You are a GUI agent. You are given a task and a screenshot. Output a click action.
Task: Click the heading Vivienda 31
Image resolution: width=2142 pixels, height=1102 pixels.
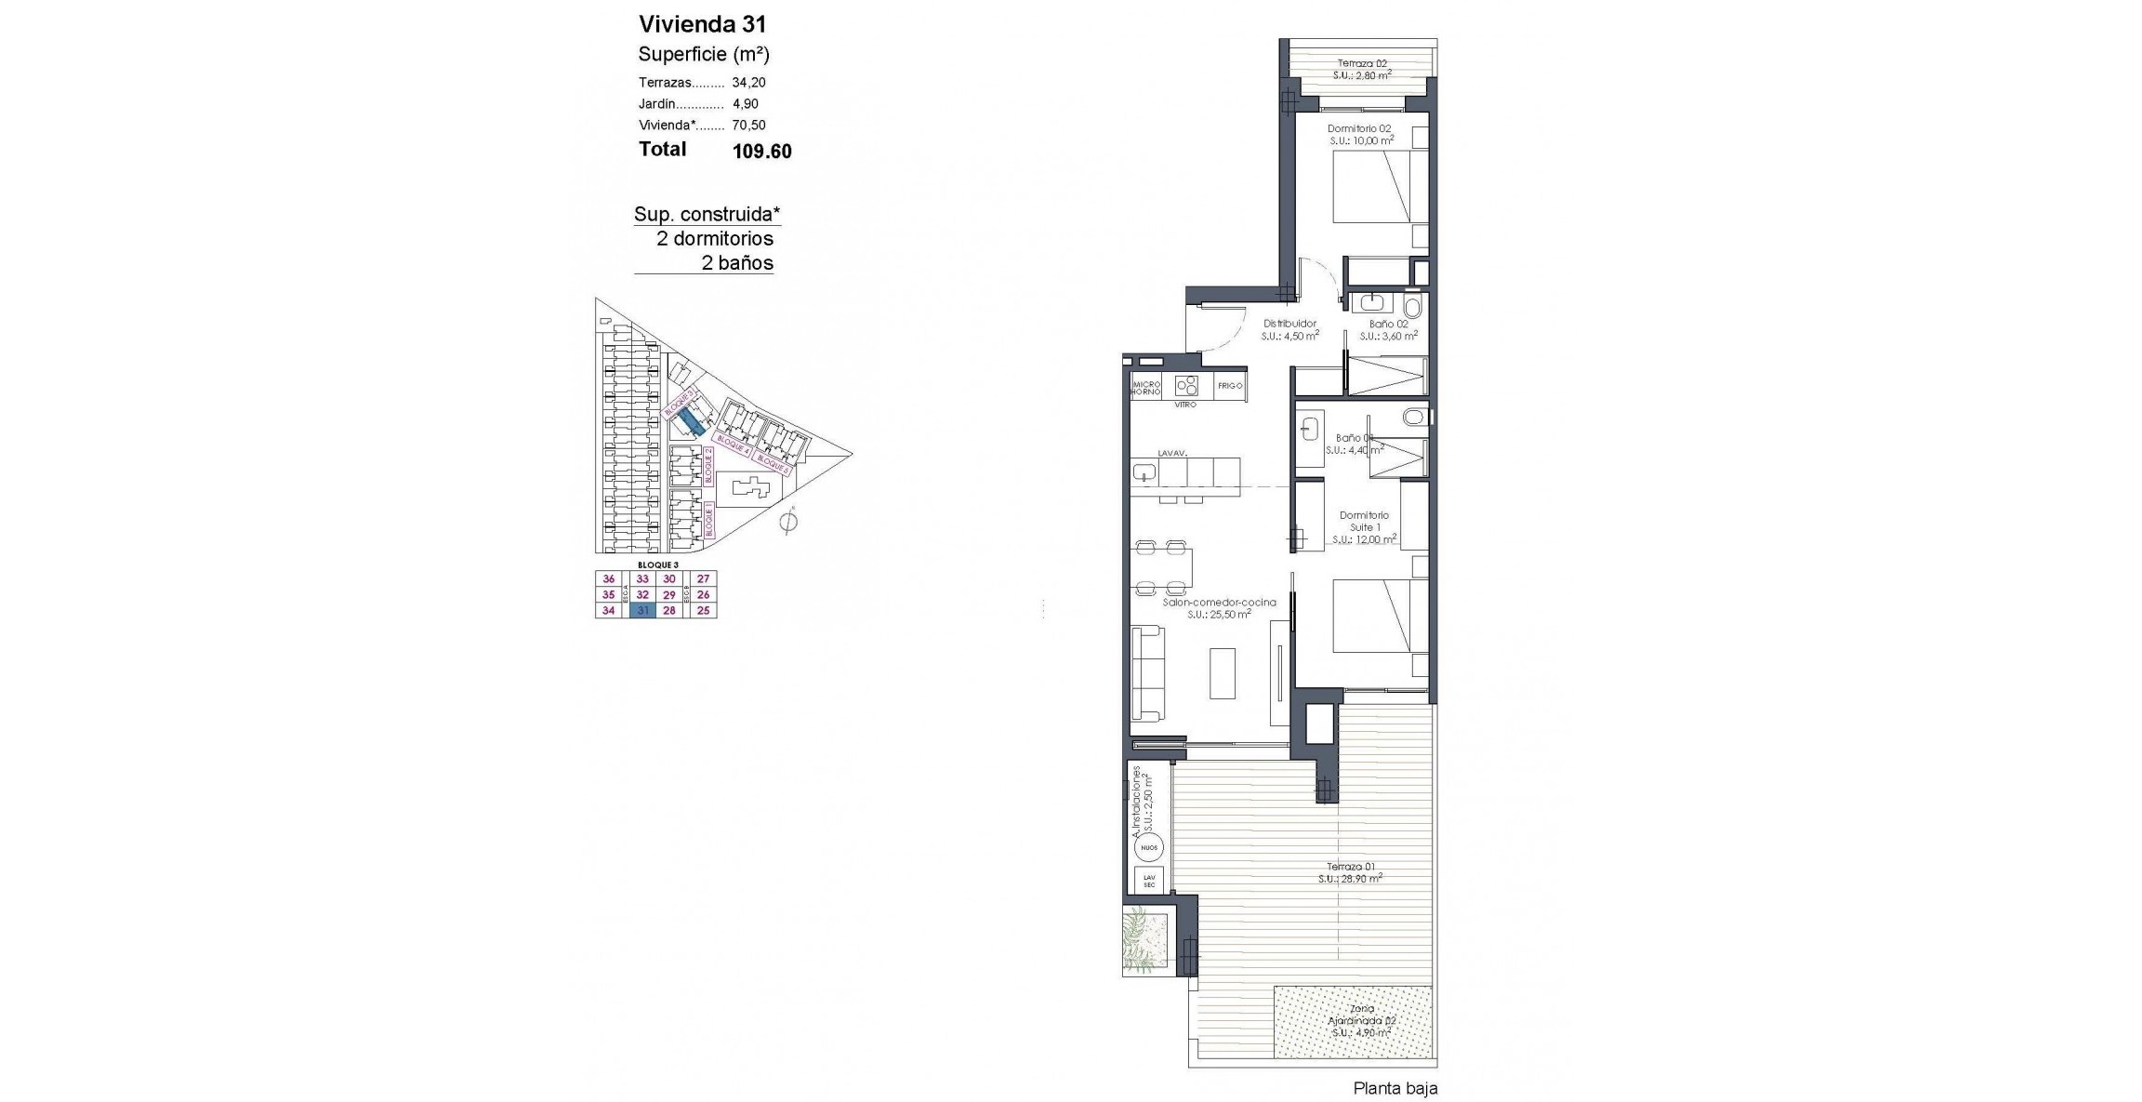click(x=702, y=24)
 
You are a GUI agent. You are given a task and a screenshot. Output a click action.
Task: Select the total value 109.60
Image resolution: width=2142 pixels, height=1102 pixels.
click(x=761, y=152)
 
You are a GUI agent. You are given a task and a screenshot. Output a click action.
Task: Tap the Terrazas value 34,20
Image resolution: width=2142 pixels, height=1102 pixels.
click(x=748, y=83)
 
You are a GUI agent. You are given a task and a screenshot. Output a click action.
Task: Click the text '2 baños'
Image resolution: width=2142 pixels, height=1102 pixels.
click(x=736, y=263)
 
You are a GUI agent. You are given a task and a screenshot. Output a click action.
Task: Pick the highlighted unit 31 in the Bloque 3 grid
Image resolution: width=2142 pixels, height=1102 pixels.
click(x=642, y=611)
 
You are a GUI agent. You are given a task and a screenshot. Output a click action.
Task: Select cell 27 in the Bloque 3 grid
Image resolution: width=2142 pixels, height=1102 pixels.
click(x=703, y=578)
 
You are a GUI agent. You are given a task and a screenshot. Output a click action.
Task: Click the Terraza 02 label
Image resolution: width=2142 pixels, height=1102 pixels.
click(x=1361, y=64)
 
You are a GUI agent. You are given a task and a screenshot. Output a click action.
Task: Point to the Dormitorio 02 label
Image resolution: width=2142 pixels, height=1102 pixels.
click(x=1359, y=129)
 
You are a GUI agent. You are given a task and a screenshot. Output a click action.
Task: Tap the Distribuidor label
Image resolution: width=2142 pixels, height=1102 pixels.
click(x=1289, y=324)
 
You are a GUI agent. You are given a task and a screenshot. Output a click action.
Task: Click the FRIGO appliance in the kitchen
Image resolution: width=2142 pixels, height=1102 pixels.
click(x=1229, y=385)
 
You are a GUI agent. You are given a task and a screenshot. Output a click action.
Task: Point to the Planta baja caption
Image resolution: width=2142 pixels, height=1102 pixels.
click(x=1395, y=1088)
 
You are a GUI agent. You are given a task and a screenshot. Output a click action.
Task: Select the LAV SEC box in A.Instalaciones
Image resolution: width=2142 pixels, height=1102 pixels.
click(x=1148, y=881)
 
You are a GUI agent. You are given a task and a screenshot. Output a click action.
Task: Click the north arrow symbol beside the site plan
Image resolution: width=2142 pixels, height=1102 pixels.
click(x=788, y=522)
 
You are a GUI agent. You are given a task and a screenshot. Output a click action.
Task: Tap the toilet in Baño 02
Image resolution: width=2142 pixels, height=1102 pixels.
click(x=1413, y=306)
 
